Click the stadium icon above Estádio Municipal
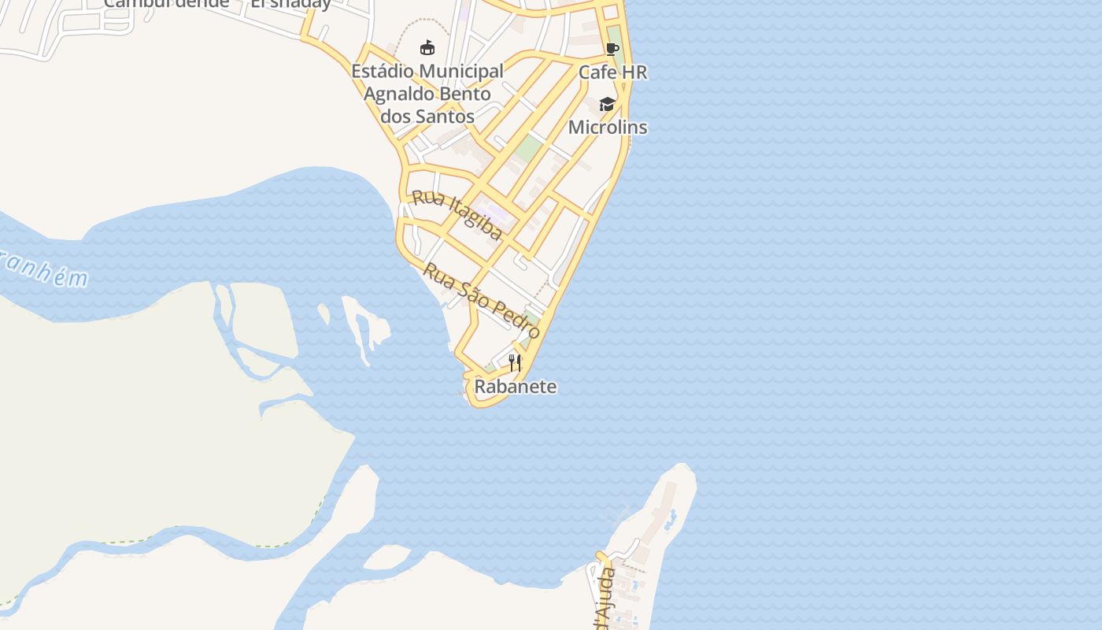coord(427,48)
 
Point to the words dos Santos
coord(427,117)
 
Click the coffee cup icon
coord(612,50)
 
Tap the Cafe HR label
coord(612,72)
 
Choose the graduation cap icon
coord(607,104)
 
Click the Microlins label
coord(608,127)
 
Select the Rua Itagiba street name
coord(457,213)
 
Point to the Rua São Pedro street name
coord(482,300)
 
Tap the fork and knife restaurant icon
coord(515,363)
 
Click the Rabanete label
coord(515,387)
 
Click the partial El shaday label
coord(290,4)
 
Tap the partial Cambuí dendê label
coord(166,3)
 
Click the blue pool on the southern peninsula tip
coord(670,519)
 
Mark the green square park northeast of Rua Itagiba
coord(530,148)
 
